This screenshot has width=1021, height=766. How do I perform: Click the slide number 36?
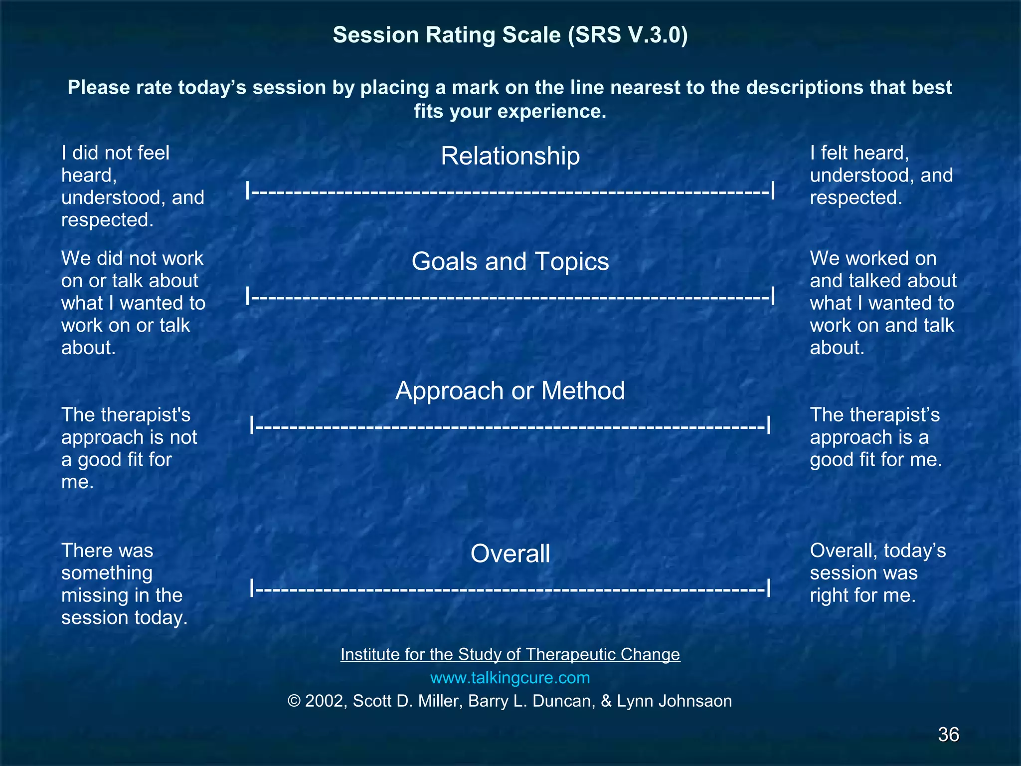pyautogui.click(x=948, y=735)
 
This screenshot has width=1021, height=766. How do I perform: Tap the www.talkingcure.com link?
pyautogui.click(x=510, y=678)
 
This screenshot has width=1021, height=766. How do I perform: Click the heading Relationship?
pyautogui.click(x=510, y=156)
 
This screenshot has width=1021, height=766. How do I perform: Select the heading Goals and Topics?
pyautogui.click(x=510, y=261)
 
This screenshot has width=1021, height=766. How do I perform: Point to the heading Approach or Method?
pyautogui.click(x=510, y=390)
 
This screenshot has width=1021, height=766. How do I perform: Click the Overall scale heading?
pyautogui.click(x=510, y=554)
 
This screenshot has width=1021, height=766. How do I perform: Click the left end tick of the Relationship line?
pyautogui.click(x=248, y=191)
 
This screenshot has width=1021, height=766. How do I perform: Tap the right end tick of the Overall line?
pyautogui.click(x=769, y=588)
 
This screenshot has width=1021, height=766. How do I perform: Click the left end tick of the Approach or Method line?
pyautogui.click(x=252, y=425)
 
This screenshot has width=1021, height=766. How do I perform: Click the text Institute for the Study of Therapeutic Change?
pyautogui.click(x=510, y=654)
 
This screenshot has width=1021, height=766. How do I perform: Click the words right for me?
pyautogui.click(x=862, y=595)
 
